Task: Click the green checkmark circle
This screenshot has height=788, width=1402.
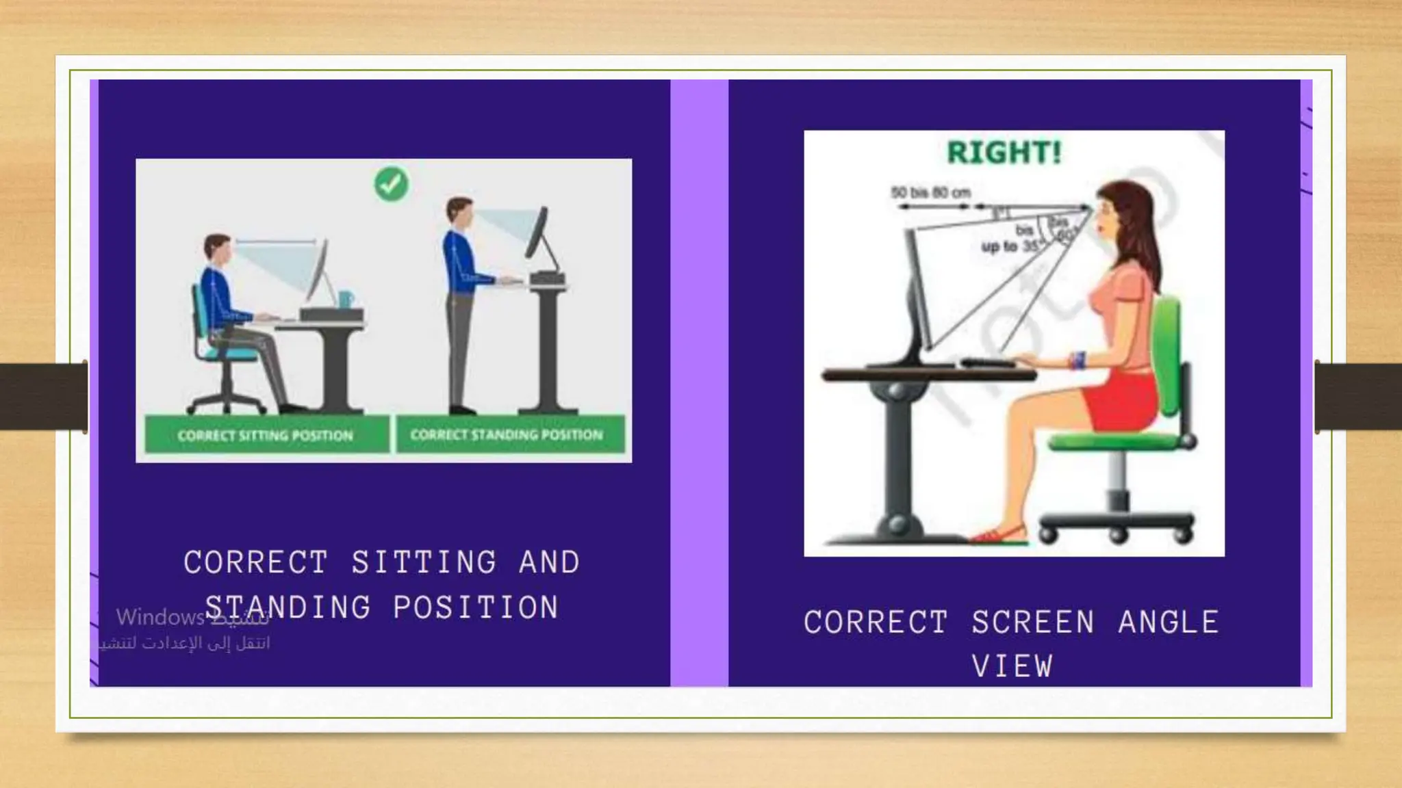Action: [x=391, y=183]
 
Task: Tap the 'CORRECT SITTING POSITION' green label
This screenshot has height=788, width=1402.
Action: [x=266, y=436]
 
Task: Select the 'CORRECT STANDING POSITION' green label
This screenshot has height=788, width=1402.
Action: [x=507, y=434]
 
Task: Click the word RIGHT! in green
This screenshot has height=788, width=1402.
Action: [x=1004, y=153]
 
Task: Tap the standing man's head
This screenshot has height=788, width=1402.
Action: [x=459, y=213]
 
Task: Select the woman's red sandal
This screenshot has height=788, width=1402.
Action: [x=999, y=536]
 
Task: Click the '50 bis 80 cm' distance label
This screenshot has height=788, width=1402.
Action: [x=931, y=192]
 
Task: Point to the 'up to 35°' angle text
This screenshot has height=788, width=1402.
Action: [x=1010, y=246]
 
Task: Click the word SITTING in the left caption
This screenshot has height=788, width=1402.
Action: [x=424, y=562]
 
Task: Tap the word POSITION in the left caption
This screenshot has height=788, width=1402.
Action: [x=476, y=607]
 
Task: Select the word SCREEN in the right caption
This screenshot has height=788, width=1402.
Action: [x=1033, y=622]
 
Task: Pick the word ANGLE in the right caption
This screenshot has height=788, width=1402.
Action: [x=1169, y=622]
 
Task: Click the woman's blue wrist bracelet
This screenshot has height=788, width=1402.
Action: [x=1080, y=360]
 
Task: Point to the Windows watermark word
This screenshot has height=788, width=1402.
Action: [x=160, y=618]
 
